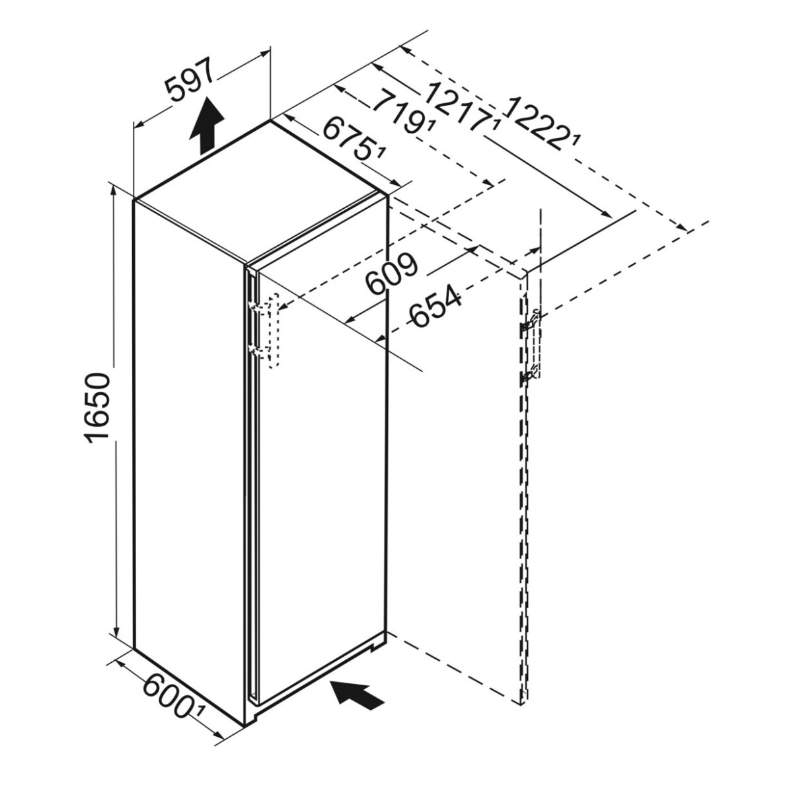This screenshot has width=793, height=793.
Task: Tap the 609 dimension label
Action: (393, 272)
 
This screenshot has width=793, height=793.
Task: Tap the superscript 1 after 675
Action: (381, 153)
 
